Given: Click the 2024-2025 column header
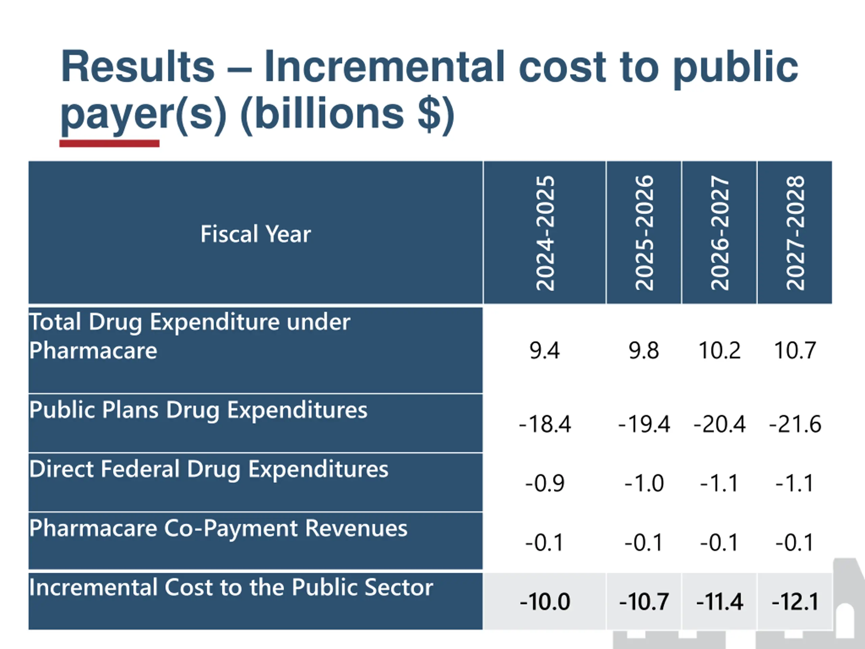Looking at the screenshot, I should (x=545, y=233).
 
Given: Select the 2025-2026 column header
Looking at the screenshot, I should (x=644, y=233).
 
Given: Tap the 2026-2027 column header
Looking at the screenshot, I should (x=719, y=233).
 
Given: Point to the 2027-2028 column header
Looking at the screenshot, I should (x=795, y=233).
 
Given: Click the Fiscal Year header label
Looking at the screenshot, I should (x=256, y=234).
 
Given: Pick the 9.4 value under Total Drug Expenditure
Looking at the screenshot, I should (x=545, y=351).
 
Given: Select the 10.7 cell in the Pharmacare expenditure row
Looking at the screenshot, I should (x=795, y=351).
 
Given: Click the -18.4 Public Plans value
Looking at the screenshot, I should (x=545, y=424).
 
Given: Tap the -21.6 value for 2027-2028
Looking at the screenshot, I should (x=795, y=424).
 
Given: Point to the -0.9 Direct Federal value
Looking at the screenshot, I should (x=545, y=483).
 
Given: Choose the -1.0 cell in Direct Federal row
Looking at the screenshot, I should (x=644, y=483).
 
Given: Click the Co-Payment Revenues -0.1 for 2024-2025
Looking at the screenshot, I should (x=545, y=543).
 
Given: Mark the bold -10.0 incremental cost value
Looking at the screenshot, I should (x=545, y=602).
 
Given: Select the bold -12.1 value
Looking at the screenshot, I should (x=795, y=602).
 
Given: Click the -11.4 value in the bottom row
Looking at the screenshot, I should (x=719, y=602).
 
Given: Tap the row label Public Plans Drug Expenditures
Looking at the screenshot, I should (x=198, y=410).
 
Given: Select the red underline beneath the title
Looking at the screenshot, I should (x=109, y=144).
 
